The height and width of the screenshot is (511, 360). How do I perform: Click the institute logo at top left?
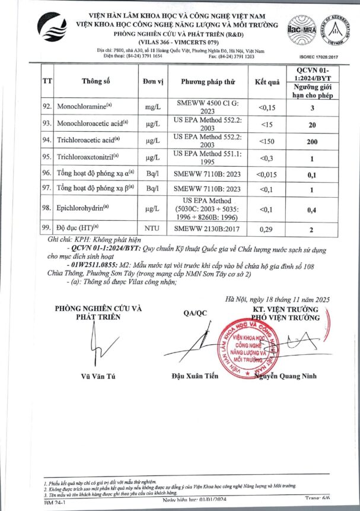pos(55,30)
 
